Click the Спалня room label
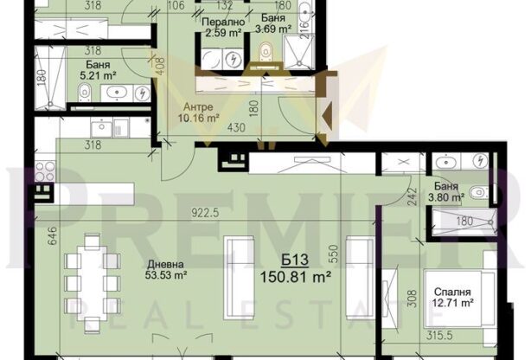(x=453, y=290)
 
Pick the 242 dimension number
(x=413, y=201)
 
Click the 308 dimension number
(x=411, y=299)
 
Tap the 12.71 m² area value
(x=454, y=303)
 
